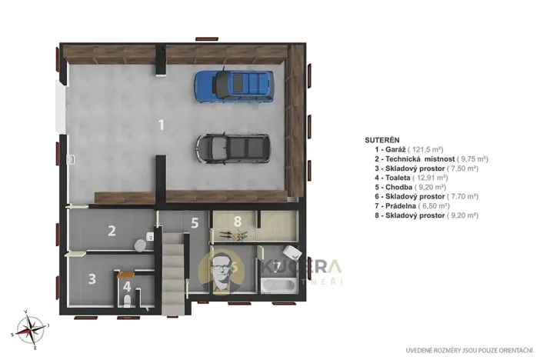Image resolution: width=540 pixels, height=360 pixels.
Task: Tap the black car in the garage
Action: coord(232,147)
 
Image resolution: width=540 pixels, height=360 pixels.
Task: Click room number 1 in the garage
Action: coord(161,125)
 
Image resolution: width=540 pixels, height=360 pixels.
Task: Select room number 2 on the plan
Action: coord(112,230)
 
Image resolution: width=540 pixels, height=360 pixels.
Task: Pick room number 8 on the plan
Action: coord(238,222)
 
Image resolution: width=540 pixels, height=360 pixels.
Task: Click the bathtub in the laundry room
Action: coord(276,285)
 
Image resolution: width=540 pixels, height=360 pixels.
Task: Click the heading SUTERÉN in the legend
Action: coord(382,141)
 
